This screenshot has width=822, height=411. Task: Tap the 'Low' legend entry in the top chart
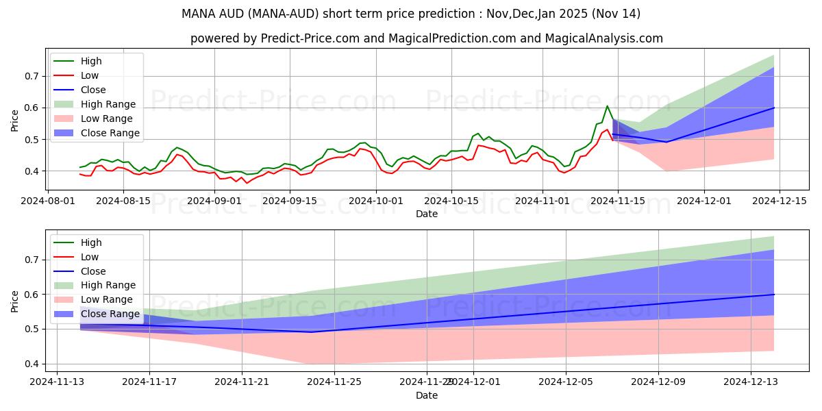pyautogui.click(x=89, y=75)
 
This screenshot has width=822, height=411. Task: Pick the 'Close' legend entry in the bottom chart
pyautogui.click(x=92, y=271)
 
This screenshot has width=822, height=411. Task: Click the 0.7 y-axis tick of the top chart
pyautogui.click(x=32, y=76)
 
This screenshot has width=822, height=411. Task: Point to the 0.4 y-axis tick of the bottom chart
pyautogui.click(x=32, y=364)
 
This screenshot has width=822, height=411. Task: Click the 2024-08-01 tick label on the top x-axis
pyautogui.click(x=47, y=201)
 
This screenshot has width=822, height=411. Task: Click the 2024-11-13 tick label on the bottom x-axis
pyautogui.click(x=57, y=382)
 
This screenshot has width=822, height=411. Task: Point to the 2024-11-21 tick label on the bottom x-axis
pyautogui.click(x=242, y=382)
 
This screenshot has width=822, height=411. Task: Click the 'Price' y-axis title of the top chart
pyautogui.click(x=15, y=120)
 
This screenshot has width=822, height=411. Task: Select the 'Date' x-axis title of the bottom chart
pyautogui.click(x=427, y=396)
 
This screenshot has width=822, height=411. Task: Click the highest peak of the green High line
pyautogui.click(x=607, y=106)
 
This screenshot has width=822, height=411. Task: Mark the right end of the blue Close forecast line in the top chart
pyautogui.click(x=774, y=108)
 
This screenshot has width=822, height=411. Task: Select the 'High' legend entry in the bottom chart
pyautogui.click(x=90, y=242)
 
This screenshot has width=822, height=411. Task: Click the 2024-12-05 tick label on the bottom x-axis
pyautogui.click(x=566, y=382)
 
